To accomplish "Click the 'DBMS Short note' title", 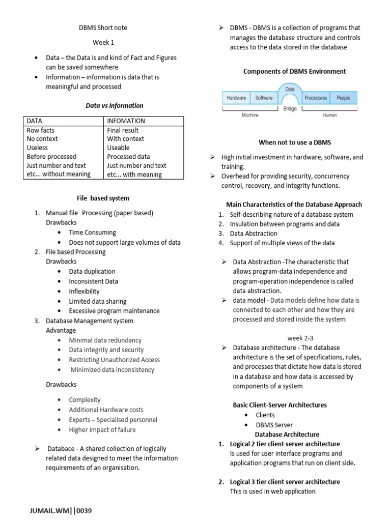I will click(102, 27).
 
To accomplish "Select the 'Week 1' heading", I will click(103, 43).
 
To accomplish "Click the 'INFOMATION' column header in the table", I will click(126, 121).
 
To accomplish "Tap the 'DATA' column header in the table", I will click(35, 121).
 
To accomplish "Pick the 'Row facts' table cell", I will click(40, 130).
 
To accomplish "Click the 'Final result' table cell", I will click(123, 130).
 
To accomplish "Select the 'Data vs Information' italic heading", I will click(114, 106).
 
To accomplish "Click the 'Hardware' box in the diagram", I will click(236, 98).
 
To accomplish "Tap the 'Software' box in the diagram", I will click(264, 98).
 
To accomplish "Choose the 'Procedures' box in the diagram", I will click(316, 98).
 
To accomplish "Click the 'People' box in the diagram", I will click(344, 98).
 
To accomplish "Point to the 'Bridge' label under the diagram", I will click(290, 109).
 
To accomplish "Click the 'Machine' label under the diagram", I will click(249, 115).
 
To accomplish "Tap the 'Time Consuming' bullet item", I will click(93, 233).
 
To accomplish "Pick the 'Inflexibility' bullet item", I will click(85, 292).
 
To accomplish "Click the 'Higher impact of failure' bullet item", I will click(102, 429).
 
